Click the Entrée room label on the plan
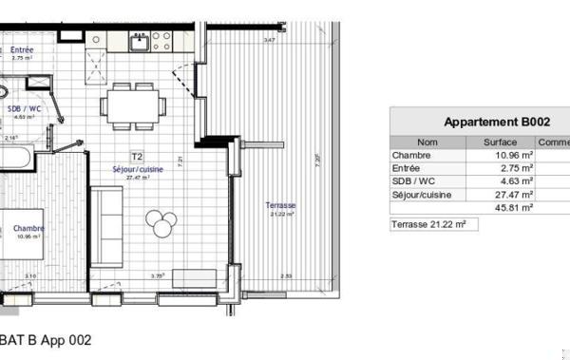[24, 49]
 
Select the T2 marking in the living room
[137, 156]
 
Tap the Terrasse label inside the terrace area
[281, 205]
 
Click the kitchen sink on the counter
[140, 41]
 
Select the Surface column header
[500, 142]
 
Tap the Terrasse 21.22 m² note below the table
[429, 224]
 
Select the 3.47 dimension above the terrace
[270, 40]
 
